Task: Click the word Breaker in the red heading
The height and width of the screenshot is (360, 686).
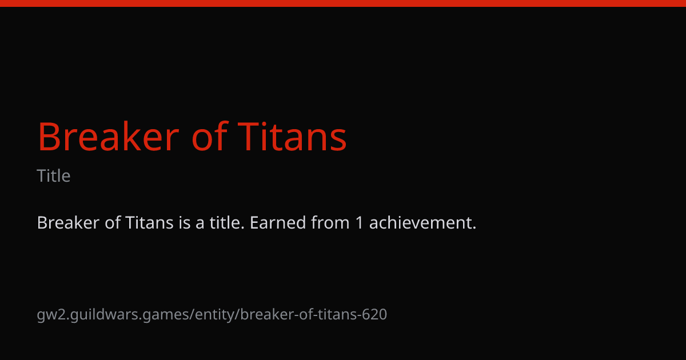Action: pyautogui.click(x=108, y=137)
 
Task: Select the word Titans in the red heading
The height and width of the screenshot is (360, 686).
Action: pyautogui.click(x=292, y=137)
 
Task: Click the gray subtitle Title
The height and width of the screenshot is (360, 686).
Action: pyautogui.click(x=54, y=176)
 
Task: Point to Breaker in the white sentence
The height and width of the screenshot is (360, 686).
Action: pyautogui.click(x=68, y=222)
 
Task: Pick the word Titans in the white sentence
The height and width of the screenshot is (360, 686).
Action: pyautogui.click(x=149, y=222)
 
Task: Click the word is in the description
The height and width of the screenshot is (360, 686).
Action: pyautogui.click(x=185, y=222)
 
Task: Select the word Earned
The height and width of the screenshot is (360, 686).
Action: pyautogui.click(x=278, y=222)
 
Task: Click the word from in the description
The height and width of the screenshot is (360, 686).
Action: pyautogui.click(x=330, y=222)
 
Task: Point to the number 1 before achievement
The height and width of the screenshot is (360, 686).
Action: pyautogui.click(x=359, y=222)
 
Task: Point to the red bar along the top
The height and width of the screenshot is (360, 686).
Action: pyautogui.click(x=343, y=3)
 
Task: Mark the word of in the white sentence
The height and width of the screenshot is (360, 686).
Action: pyautogui.click(x=113, y=222)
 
